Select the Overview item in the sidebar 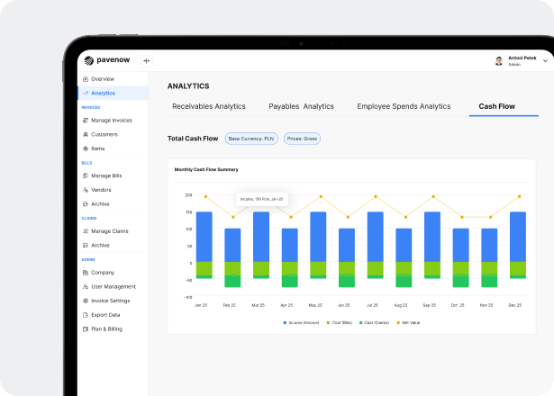tap(102, 79)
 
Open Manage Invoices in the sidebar tap(111, 120)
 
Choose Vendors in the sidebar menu tap(101, 190)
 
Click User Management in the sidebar tap(113, 286)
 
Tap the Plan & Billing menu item tap(106, 328)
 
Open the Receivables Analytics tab tap(209, 106)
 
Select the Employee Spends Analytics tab tap(404, 106)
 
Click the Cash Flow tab tap(496, 106)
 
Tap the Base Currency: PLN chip tap(251, 139)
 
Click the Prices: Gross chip tap(302, 139)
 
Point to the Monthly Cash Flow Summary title tap(206, 169)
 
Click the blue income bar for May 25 tap(318, 236)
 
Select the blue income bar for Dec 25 tap(518, 236)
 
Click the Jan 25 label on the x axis tap(202, 305)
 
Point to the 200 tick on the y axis tap(189, 194)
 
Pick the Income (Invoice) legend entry tap(302, 322)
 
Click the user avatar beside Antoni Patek tap(499, 61)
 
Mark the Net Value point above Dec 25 tap(519, 196)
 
